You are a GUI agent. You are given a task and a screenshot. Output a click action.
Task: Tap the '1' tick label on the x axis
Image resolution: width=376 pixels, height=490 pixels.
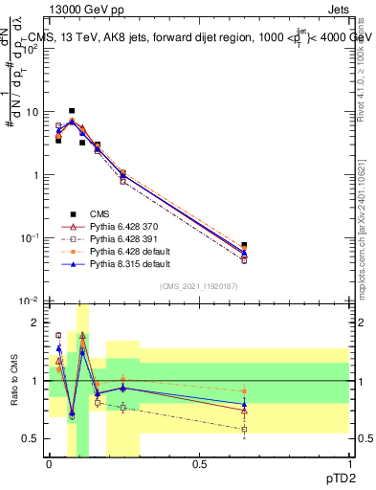[348, 463]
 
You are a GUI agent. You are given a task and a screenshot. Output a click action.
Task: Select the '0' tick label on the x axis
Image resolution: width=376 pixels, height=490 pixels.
[49, 463]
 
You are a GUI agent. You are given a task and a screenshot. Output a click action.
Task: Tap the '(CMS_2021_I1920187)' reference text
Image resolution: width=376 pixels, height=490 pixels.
[198, 286]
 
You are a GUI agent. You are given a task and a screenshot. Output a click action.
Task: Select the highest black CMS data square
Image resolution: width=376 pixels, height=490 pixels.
[72, 111]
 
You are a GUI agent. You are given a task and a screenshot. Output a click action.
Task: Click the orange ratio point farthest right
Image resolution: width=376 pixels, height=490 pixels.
[244, 391]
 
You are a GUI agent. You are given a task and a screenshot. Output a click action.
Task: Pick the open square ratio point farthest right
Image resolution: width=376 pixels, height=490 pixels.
[244, 429]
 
